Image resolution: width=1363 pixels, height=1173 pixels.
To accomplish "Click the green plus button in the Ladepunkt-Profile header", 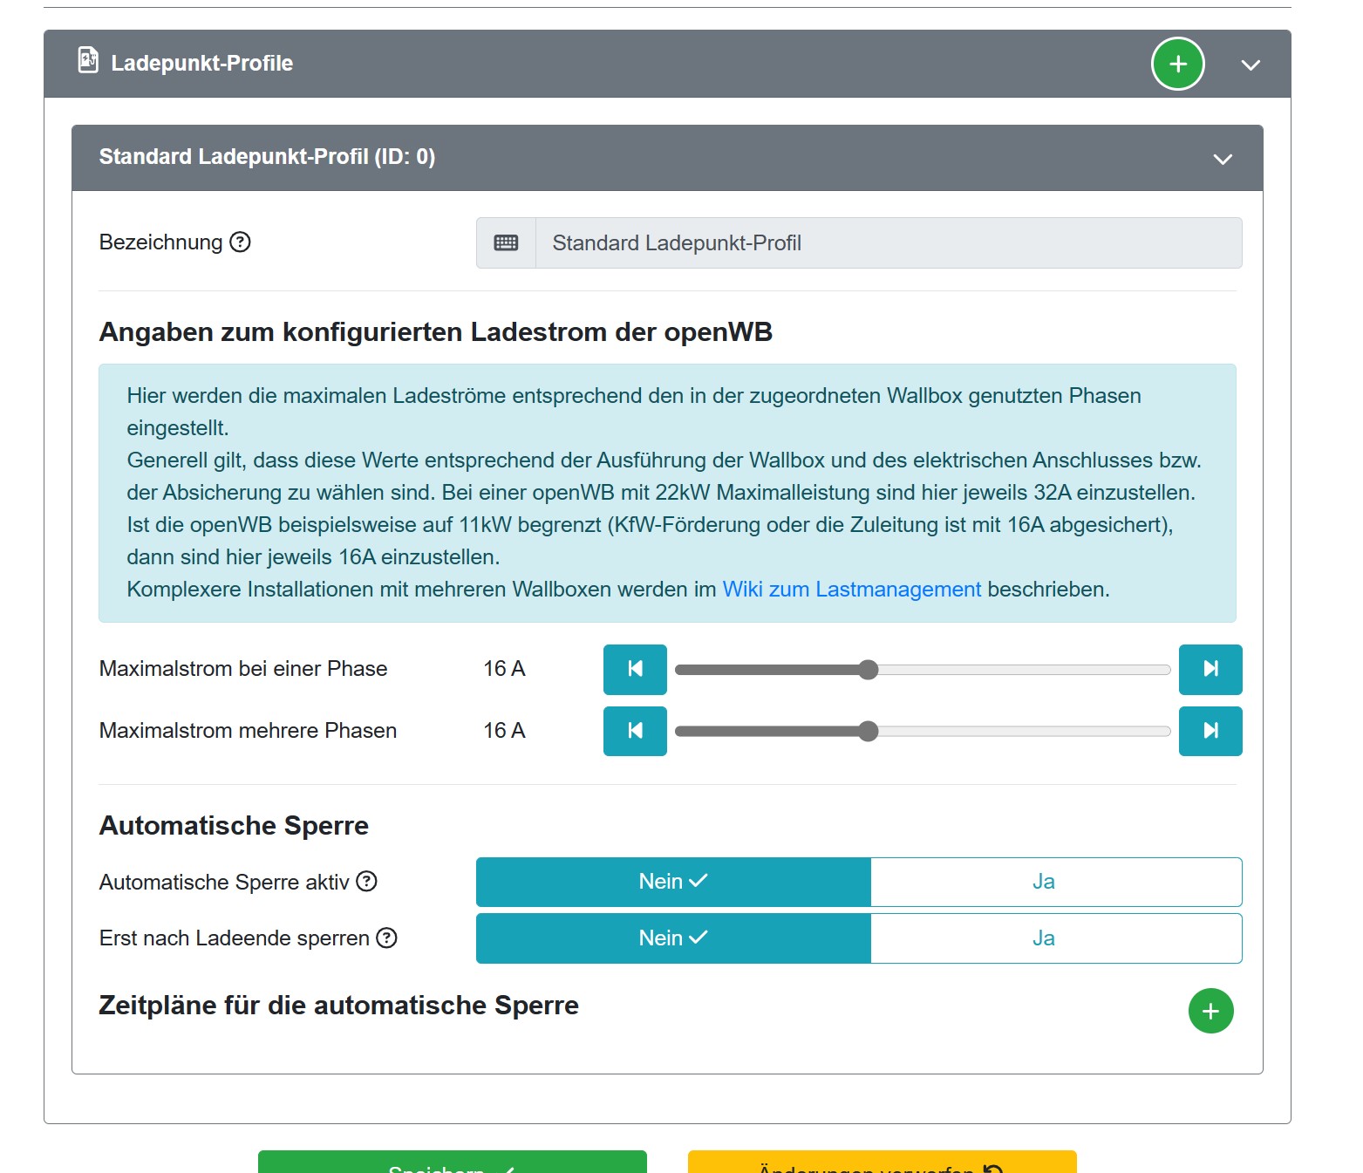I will tap(1177, 64).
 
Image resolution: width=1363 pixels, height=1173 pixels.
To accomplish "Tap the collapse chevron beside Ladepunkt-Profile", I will tap(1251, 65).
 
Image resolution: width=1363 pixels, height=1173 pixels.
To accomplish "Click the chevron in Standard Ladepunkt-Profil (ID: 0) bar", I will tap(1223, 159).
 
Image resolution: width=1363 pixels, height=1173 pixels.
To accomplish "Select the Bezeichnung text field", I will tap(888, 243).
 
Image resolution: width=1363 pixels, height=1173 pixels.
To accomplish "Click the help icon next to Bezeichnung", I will tap(240, 242).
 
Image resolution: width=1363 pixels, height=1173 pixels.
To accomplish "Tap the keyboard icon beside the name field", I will tap(506, 243).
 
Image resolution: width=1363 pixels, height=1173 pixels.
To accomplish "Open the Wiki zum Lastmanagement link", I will tap(851, 590).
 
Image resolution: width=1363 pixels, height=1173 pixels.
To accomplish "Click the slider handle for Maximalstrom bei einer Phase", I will tap(868, 670).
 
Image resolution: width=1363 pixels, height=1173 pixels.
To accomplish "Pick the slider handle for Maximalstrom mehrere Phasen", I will tap(868, 731).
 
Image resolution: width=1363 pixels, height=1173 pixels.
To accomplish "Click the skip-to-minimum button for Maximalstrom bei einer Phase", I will tap(635, 670).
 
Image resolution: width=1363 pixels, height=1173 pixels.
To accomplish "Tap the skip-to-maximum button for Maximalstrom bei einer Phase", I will tap(1210, 670).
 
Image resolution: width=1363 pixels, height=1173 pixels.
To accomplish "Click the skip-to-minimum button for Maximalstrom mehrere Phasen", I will tap(635, 731).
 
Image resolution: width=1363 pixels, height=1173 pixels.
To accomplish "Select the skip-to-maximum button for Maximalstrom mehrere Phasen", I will tap(1210, 731).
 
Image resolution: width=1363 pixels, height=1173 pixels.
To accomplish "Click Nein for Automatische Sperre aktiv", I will tap(673, 882).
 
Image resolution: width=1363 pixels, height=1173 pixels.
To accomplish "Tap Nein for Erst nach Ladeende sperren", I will tap(673, 938).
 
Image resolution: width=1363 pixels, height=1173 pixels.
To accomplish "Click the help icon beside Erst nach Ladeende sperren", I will tap(386, 938).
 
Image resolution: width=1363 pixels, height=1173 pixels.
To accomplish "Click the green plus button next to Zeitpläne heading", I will tap(1210, 1011).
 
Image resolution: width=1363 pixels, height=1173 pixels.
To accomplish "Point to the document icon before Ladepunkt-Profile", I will tap(88, 60).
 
